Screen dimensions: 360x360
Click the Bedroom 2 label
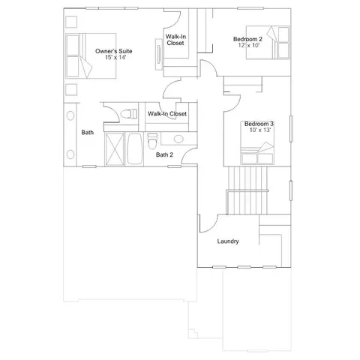tap(247, 38)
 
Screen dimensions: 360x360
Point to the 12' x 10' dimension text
tap(247, 46)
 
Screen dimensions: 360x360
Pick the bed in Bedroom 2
tap(274, 41)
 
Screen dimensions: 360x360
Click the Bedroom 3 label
tap(257, 123)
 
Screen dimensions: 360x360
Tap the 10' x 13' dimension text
tap(257, 130)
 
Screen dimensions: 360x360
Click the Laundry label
tap(227, 241)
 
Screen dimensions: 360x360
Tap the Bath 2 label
tap(164, 154)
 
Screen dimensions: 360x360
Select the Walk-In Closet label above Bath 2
tap(166, 114)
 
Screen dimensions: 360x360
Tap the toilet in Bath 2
tap(152, 140)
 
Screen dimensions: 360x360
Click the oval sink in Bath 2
tap(177, 139)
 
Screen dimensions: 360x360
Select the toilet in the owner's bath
tap(128, 114)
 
